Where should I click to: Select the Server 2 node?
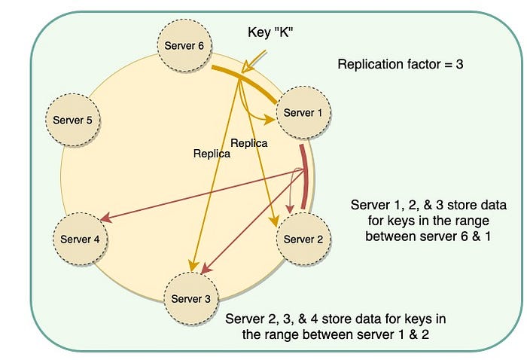[305, 239]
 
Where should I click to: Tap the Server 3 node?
[186, 298]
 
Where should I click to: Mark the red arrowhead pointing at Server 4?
[105, 220]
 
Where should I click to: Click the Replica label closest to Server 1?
[248, 142]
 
